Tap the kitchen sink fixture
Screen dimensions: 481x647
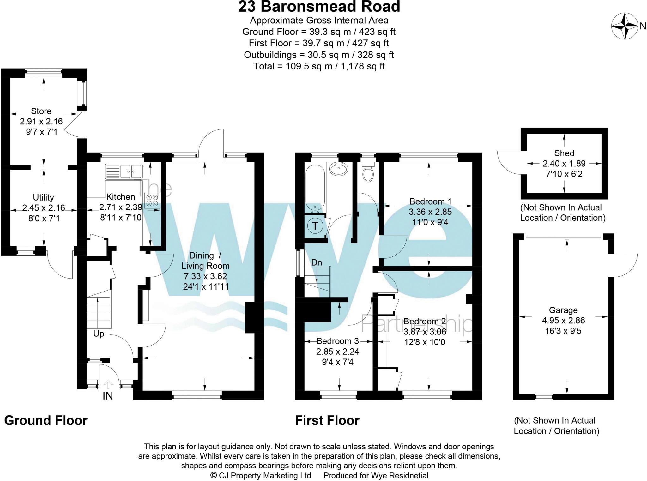click(124, 171)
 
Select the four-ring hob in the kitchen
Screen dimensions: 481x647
click(152, 200)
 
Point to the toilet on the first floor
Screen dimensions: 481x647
click(367, 172)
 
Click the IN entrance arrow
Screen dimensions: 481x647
click(108, 384)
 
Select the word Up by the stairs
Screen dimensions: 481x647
click(99, 334)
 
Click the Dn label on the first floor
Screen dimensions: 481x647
click(317, 262)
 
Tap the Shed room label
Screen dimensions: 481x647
click(564, 153)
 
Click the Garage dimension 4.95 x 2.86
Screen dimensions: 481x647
click(563, 320)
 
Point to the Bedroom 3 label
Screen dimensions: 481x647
click(337, 341)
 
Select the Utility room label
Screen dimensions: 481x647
click(43, 197)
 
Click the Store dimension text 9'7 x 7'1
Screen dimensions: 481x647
click(42, 132)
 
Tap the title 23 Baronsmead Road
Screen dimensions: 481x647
click(319, 7)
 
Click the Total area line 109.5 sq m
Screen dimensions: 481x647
click(319, 66)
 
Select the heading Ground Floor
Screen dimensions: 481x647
click(46, 420)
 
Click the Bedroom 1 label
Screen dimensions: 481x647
click(430, 201)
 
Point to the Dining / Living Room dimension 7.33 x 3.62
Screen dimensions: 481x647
click(205, 276)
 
